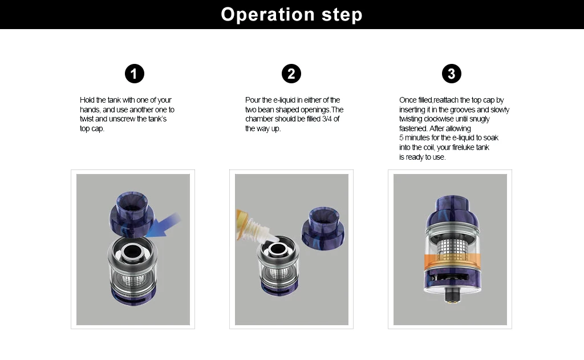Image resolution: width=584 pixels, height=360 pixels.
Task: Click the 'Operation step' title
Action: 291,14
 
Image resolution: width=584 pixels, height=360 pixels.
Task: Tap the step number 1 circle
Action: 134,74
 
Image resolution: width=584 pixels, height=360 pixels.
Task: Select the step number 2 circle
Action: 291,74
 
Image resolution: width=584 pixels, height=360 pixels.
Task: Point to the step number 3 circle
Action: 452,74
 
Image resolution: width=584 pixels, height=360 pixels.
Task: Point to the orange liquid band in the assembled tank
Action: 450,264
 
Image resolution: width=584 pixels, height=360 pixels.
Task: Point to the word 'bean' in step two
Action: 270,110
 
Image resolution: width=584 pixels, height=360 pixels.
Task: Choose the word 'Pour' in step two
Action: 253,100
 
